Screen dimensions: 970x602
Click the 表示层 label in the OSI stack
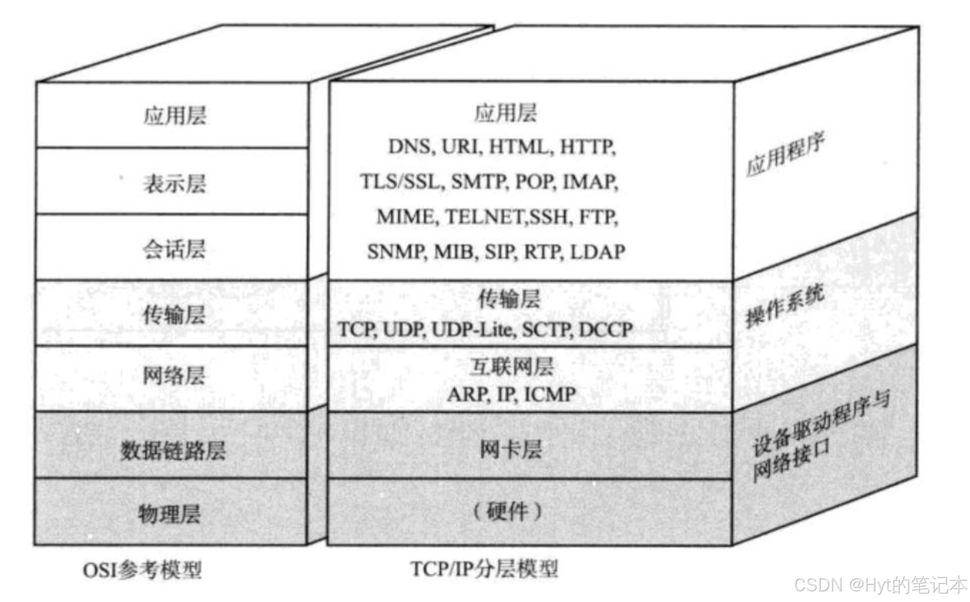pyautogui.click(x=175, y=184)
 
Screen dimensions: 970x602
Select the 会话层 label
pyautogui.click(x=174, y=249)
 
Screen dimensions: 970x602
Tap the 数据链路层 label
pyautogui.click(x=172, y=450)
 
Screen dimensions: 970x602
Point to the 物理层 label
pyautogui.click(x=169, y=514)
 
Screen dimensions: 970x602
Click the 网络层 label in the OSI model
pyautogui.click(x=174, y=376)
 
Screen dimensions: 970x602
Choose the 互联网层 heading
pyautogui.click(x=511, y=367)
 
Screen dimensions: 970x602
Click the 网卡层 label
pyautogui.click(x=510, y=449)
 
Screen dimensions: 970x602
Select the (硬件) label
pyautogui.click(x=507, y=511)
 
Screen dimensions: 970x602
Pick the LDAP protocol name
pyautogui.click(x=597, y=251)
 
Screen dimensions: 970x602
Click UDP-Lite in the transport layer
pyautogui.click(x=471, y=330)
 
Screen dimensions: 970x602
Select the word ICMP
pyautogui.click(x=550, y=394)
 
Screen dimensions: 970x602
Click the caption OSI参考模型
pyautogui.click(x=143, y=570)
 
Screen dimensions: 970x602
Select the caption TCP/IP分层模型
pyautogui.click(x=484, y=569)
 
